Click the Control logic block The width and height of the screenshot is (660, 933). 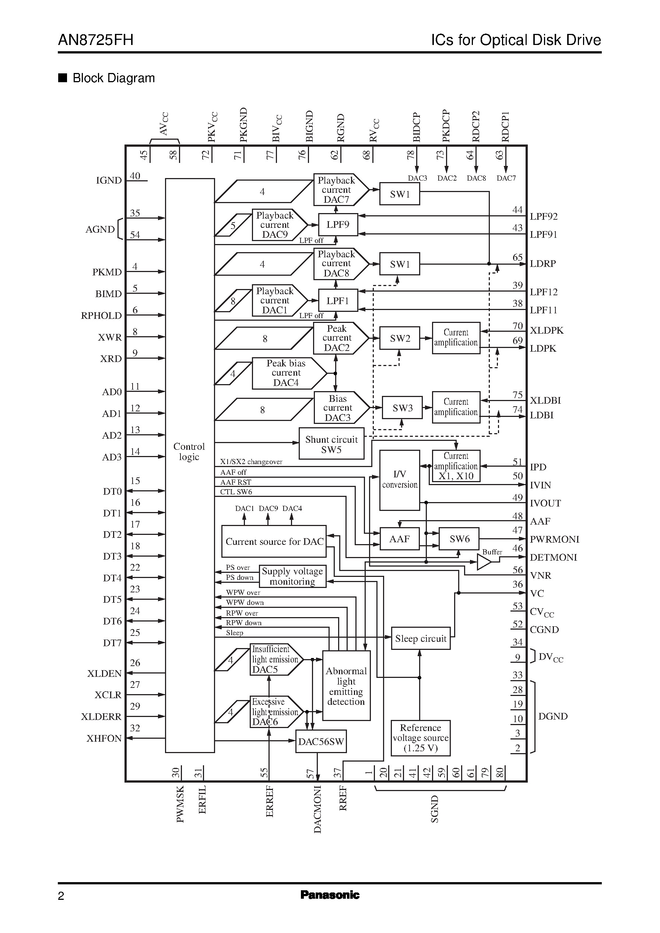[190, 452]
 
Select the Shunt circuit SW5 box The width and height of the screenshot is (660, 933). [331, 444]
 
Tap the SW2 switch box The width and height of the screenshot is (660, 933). [400, 338]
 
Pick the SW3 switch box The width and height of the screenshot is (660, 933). [402, 408]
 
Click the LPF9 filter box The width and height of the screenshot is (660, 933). [338, 224]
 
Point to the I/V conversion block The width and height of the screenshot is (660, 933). [400, 480]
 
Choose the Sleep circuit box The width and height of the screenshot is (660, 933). [420, 638]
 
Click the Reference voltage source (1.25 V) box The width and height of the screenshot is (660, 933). [420, 738]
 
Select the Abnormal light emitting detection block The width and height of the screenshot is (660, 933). [346, 686]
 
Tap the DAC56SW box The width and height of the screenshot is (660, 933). [321, 741]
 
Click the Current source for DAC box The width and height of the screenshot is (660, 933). [274, 542]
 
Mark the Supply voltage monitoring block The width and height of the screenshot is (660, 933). [292, 576]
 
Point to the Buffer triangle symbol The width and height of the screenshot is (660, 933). [483, 562]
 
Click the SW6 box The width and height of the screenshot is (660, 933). [459, 539]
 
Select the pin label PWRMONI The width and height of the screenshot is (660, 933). [554, 539]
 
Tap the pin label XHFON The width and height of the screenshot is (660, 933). [104, 738]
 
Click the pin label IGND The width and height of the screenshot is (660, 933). [109, 180]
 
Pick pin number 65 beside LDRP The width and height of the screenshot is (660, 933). [517, 257]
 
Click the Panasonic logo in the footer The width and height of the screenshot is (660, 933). [330, 895]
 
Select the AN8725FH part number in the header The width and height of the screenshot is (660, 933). [95, 40]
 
